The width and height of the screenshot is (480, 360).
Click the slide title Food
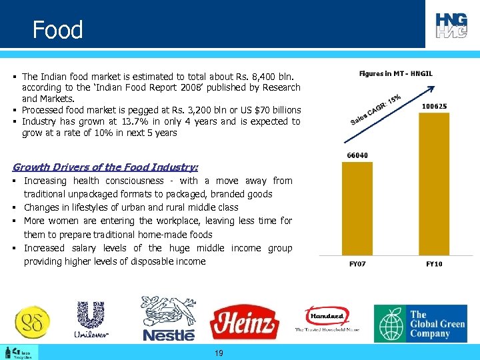[x=58, y=30]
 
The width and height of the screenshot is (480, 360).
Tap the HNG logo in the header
[x=451, y=25]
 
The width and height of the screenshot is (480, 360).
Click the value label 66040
[x=357, y=155]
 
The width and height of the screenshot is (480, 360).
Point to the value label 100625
[x=435, y=106]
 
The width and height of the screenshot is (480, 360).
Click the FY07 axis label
[x=358, y=264]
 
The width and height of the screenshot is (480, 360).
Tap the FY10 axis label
[x=435, y=264]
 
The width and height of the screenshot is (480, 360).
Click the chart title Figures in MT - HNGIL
[x=395, y=73]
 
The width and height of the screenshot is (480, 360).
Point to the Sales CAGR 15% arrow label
[x=375, y=110]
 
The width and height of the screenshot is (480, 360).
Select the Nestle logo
[x=169, y=319]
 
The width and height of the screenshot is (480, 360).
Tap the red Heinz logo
[x=244, y=323]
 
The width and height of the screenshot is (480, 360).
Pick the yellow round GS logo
[x=32, y=322]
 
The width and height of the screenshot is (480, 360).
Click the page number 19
[x=219, y=353]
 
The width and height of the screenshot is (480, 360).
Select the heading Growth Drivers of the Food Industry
[x=105, y=167]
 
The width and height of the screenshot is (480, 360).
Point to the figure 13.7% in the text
[x=137, y=121]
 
